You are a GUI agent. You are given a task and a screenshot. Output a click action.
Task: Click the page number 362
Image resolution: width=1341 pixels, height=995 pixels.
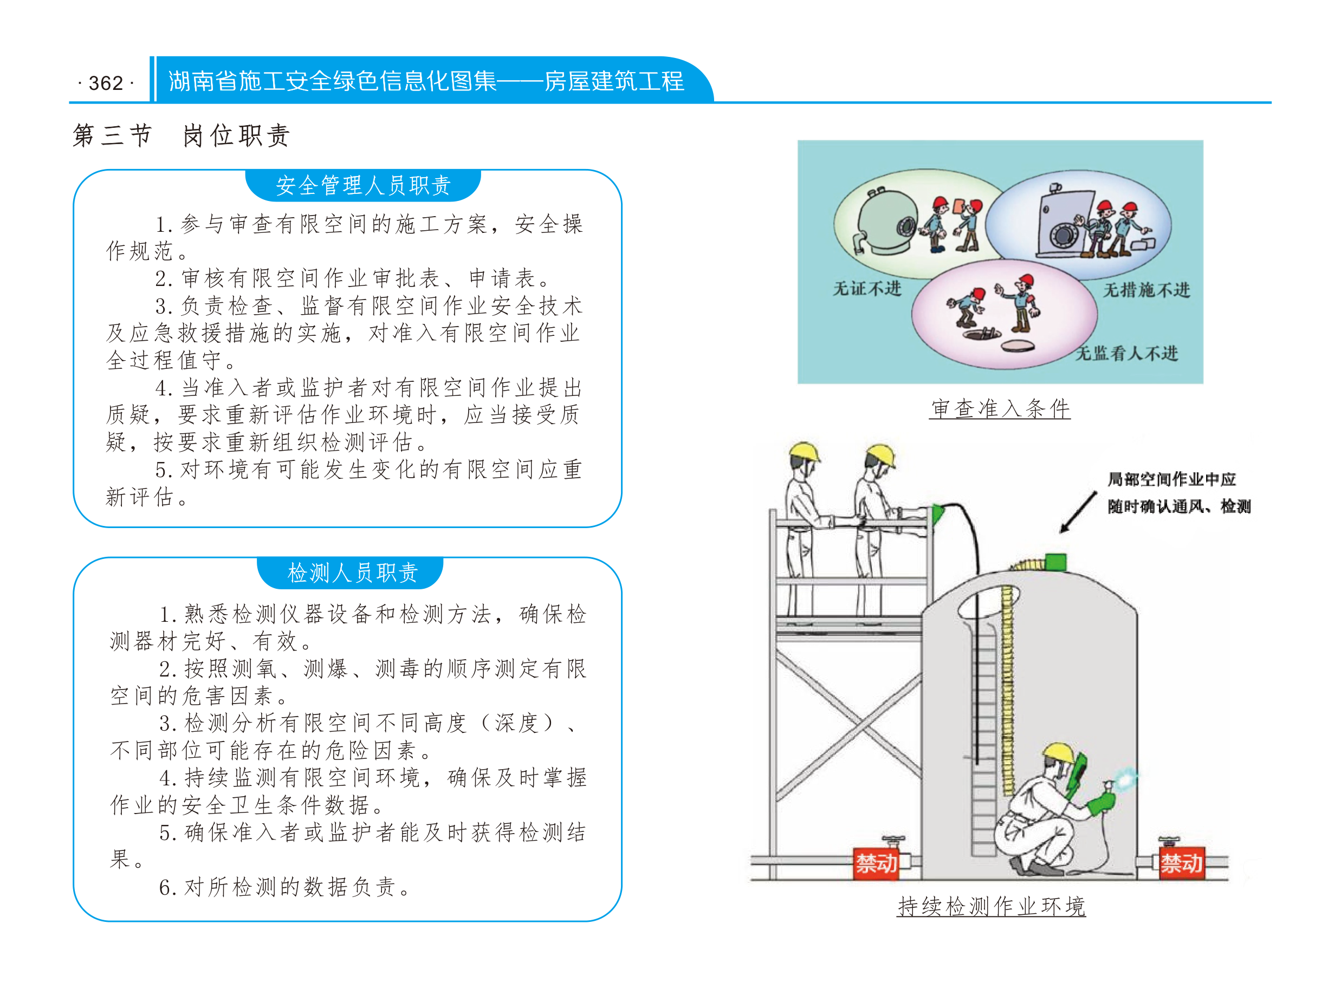tap(106, 83)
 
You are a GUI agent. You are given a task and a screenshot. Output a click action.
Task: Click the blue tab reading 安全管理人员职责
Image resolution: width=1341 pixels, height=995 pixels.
tap(362, 185)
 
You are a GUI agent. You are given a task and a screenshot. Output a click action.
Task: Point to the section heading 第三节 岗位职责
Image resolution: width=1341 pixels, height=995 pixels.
tap(182, 135)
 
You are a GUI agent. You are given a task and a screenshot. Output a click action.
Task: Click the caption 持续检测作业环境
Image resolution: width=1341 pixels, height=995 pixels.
tap(991, 906)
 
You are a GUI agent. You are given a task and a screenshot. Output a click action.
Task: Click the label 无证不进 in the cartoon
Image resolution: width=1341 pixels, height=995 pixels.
tap(867, 289)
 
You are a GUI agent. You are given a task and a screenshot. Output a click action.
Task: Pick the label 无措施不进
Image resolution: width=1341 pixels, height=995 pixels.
tap(1146, 290)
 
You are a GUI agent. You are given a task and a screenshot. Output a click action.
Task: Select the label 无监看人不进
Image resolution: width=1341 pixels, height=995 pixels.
tap(1126, 353)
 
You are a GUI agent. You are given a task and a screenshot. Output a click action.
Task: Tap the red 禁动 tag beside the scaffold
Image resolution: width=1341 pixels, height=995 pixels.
tap(877, 864)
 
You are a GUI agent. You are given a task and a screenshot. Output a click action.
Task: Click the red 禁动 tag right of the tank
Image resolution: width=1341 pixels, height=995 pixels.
tap(1181, 864)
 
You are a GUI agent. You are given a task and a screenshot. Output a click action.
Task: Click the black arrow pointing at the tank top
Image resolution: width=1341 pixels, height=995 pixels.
tap(1078, 512)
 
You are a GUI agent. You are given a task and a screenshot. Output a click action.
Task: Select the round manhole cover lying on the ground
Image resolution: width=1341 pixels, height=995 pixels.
tap(1018, 346)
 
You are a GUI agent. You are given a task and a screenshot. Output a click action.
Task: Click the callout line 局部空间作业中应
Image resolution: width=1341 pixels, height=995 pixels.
tap(1171, 479)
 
